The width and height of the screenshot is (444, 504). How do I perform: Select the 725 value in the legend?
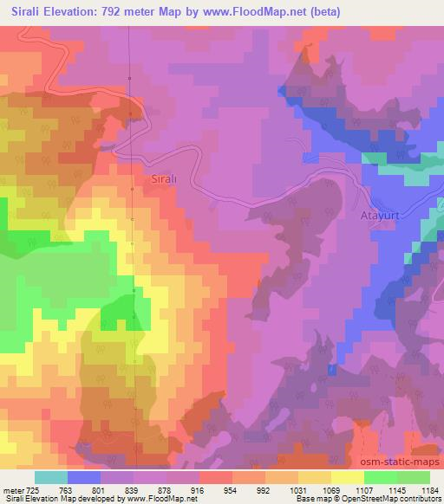[33, 489]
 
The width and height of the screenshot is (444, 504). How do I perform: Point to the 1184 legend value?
[430, 489]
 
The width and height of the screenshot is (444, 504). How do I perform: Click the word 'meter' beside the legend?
[12, 489]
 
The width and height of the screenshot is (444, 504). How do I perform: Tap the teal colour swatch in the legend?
[50, 477]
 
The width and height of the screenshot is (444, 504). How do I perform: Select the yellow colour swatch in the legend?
[348, 477]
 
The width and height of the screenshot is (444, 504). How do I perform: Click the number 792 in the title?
[126, 12]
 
